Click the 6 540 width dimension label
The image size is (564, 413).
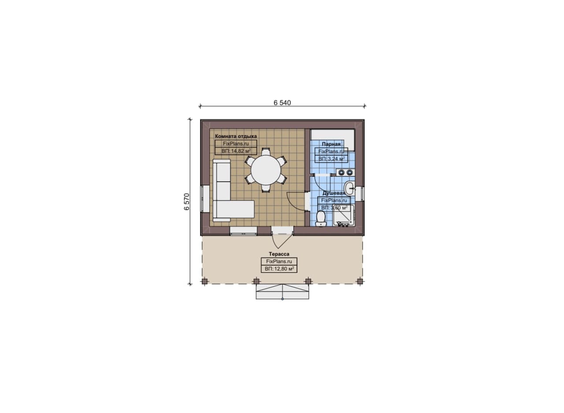click(x=282, y=103)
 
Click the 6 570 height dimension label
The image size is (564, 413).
click(x=187, y=201)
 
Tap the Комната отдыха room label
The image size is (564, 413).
click(x=236, y=136)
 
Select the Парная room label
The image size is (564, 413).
click(x=331, y=144)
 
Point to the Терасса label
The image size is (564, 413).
click(x=279, y=254)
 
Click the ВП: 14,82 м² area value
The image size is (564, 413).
click(x=236, y=151)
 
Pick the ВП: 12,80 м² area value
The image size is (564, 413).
click(x=279, y=269)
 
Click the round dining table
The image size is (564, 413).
click(x=266, y=170)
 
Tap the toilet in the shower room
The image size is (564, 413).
click(x=321, y=219)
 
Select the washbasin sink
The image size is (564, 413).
click(x=349, y=188)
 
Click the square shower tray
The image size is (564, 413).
click(x=344, y=216)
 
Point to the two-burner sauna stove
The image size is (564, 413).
click(x=345, y=172)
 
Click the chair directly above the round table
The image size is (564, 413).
click(x=266, y=152)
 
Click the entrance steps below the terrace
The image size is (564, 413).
click(x=282, y=292)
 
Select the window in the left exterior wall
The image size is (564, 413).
click(x=205, y=199)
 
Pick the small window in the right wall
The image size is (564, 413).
click(x=360, y=194)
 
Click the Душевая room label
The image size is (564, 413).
click(x=334, y=193)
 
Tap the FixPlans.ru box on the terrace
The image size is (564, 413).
click(x=279, y=261)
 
